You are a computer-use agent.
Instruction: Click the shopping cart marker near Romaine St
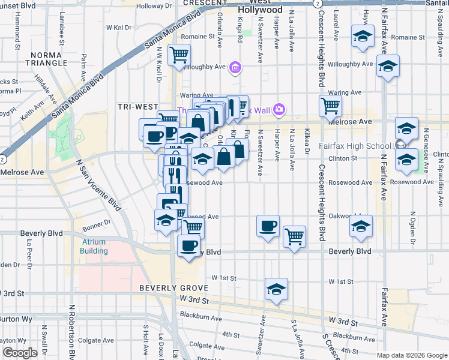point(179,55)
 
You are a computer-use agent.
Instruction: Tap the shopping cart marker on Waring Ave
point(331,106)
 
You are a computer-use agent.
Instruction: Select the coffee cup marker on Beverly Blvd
point(189,245)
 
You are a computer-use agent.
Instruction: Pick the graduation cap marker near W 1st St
point(276,289)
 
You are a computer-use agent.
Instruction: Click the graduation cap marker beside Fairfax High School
point(406,128)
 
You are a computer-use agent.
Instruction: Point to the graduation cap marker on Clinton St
point(406,160)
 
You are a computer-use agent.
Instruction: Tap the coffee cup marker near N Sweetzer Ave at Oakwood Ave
point(268,226)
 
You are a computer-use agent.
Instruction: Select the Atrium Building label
point(94,247)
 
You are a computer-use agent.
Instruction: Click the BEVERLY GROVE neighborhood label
point(170,288)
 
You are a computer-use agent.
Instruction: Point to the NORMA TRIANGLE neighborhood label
point(49,59)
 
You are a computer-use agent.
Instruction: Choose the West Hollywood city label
point(260,7)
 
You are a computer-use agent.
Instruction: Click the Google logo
point(20,353)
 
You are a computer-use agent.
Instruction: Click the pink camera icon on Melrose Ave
point(279,110)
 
